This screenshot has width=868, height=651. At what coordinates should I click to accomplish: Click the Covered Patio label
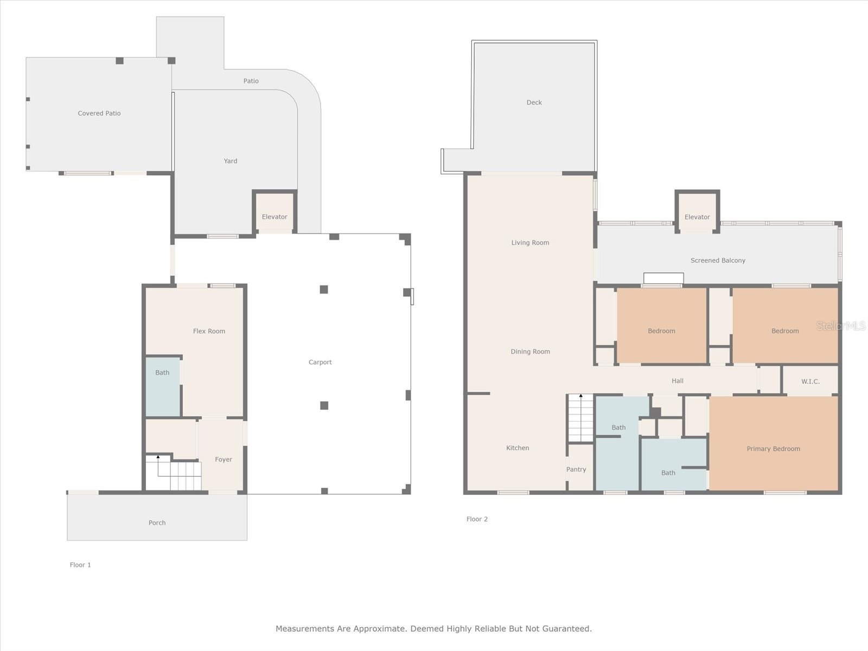(99, 113)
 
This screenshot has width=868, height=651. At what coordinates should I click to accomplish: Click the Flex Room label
(209, 331)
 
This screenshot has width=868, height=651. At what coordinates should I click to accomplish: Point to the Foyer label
(224, 459)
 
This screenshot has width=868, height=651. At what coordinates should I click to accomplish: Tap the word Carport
(320, 362)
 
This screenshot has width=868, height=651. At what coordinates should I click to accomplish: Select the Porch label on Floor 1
(157, 523)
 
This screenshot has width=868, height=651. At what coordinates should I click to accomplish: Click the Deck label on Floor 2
(534, 103)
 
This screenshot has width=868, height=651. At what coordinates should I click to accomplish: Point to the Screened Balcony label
(718, 260)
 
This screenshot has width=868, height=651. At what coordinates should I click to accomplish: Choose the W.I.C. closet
(810, 381)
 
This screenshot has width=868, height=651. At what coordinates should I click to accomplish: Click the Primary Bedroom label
(773, 449)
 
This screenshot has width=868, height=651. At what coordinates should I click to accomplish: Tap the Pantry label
(576, 469)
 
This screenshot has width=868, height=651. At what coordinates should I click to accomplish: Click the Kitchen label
(518, 448)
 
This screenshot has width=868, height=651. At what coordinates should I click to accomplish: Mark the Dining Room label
(530, 352)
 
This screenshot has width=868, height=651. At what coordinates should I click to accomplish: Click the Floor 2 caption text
(477, 519)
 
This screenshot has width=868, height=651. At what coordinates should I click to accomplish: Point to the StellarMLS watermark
(841, 325)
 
